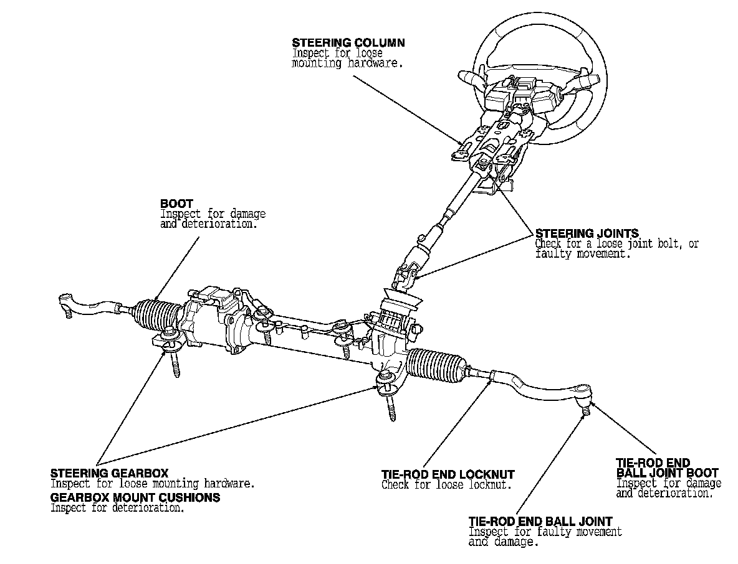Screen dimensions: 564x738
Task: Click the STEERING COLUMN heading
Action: (x=348, y=43)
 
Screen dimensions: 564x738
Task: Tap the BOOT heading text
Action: (x=176, y=204)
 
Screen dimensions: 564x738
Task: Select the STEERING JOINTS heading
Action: (x=587, y=234)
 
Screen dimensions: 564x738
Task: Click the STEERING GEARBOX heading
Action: (x=109, y=474)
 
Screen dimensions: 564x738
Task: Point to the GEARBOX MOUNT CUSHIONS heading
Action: (x=135, y=498)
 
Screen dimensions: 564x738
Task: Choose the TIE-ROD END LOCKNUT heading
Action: (x=448, y=475)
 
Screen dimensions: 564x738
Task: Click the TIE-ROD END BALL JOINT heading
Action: (x=540, y=521)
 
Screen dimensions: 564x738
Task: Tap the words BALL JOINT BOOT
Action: (x=666, y=473)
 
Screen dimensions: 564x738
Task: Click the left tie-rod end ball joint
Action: (x=65, y=303)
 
